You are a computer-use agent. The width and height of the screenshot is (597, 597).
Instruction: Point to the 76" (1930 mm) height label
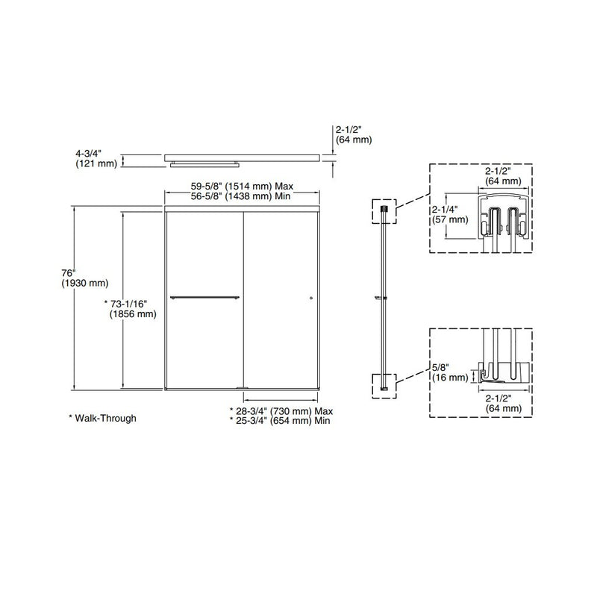click(x=84, y=278)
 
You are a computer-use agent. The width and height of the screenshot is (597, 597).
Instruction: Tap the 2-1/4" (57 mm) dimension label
click(x=450, y=215)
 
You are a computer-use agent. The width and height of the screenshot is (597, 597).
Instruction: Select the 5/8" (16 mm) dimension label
click(x=450, y=372)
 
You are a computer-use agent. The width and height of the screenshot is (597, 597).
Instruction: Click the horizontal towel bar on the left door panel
click(x=205, y=298)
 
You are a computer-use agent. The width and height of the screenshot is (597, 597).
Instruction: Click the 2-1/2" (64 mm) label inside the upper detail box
click(x=502, y=175)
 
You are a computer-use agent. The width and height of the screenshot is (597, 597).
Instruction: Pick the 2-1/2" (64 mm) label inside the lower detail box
click(x=502, y=404)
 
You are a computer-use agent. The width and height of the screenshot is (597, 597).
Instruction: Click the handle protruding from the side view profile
click(x=381, y=299)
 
